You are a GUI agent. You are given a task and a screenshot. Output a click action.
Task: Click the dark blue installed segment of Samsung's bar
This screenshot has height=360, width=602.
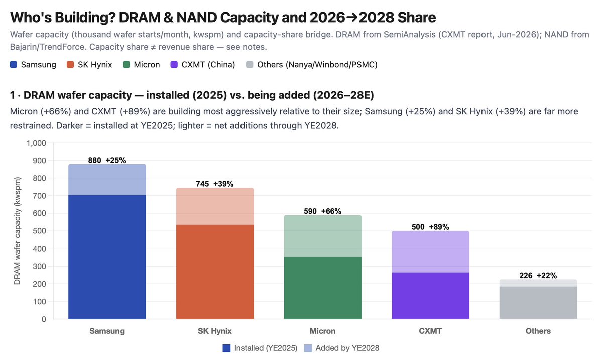(107, 257)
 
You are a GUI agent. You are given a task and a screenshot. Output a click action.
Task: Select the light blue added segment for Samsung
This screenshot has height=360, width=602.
(107, 180)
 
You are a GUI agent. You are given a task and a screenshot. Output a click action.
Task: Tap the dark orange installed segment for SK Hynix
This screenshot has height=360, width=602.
(215, 272)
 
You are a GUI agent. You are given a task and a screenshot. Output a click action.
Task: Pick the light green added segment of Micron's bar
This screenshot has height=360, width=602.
(322, 235)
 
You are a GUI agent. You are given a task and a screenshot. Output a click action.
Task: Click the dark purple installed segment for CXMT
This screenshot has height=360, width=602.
(430, 296)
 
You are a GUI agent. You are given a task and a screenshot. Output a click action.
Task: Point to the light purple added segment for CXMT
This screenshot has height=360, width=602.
(430, 252)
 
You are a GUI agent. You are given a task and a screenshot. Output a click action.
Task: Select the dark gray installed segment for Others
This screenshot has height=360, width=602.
(538, 303)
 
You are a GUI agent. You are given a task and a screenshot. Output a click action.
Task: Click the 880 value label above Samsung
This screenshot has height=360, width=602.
(95, 161)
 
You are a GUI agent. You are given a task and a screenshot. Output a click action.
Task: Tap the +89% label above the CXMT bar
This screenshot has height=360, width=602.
(439, 227)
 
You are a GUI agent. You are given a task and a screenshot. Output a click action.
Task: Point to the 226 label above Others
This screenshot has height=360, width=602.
(526, 276)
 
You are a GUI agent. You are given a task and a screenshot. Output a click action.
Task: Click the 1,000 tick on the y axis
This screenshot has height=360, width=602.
(36, 143)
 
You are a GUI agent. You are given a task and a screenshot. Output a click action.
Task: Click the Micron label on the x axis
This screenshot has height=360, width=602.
(322, 331)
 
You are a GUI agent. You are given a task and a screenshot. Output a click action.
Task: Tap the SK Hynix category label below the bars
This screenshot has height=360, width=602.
(215, 331)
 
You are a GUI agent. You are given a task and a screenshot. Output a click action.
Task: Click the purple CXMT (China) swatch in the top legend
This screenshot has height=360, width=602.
(174, 64)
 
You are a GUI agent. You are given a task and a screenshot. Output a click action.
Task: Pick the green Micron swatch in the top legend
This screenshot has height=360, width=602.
(127, 64)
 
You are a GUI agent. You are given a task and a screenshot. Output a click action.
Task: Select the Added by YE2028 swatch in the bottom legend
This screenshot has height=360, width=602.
(308, 348)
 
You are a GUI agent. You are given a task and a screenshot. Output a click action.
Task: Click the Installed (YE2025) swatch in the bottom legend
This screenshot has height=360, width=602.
(226, 348)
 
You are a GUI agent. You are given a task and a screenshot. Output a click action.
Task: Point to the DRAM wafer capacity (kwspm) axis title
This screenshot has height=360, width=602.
(17, 231)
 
